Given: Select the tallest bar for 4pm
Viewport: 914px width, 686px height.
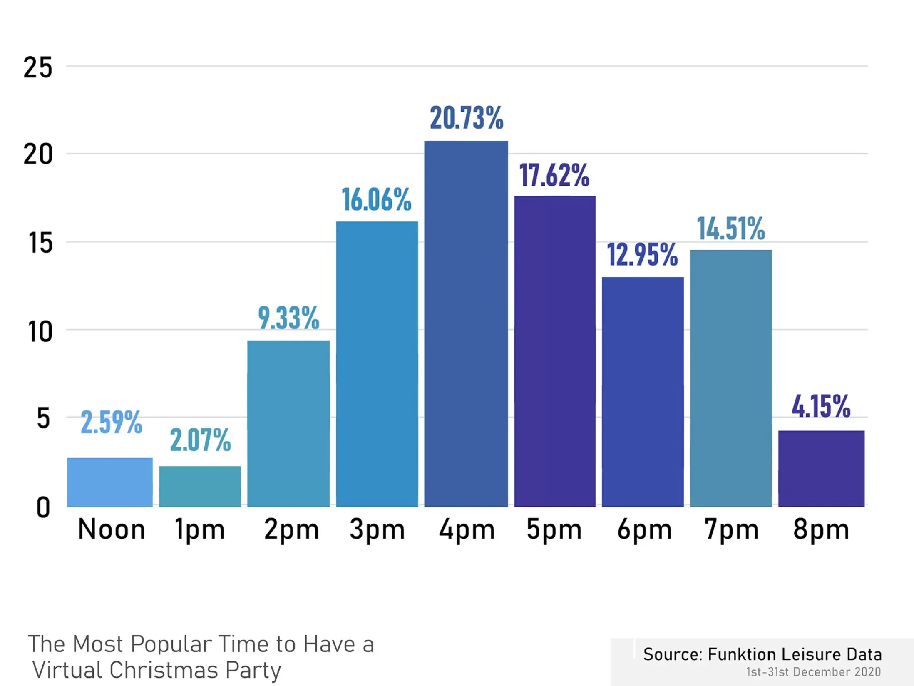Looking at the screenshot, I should coord(466,324).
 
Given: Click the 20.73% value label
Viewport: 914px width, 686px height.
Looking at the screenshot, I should coord(466,118).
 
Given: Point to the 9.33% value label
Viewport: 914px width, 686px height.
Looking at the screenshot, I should coord(288,318).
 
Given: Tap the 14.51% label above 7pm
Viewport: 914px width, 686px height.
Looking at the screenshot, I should coord(731,229).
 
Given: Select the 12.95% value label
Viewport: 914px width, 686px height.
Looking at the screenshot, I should coord(642,255).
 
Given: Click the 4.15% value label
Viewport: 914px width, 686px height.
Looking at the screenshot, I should coord(821,406).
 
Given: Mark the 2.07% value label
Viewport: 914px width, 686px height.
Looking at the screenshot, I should coord(200,440).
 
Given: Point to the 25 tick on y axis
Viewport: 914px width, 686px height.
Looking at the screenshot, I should coord(38,67).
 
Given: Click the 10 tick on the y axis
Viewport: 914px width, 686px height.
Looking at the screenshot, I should coord(40,332).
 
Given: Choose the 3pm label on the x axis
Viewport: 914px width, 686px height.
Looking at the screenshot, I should coord(377,530).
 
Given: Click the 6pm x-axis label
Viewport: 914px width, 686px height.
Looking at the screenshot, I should coord(644,530).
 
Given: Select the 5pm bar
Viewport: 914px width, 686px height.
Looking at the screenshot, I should coord(555,351).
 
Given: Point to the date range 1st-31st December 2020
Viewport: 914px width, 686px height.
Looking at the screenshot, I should coord(813,672).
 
